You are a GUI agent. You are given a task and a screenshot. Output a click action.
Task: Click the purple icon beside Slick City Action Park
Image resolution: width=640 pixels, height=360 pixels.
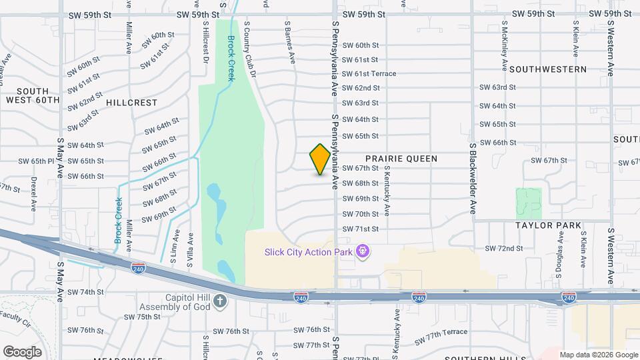[363, 251]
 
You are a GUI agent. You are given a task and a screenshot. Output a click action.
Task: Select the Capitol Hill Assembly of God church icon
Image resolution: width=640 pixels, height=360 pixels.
[221, 302]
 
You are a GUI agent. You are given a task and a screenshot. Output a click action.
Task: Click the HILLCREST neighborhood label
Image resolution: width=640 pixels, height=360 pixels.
[131, 103]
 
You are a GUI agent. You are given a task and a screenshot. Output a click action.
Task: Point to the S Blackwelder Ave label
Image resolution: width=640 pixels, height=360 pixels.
[473, 178]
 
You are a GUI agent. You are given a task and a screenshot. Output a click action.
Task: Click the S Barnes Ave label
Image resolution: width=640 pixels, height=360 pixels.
[289, 42]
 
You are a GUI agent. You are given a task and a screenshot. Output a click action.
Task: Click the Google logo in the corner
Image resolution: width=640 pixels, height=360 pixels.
[23, 351]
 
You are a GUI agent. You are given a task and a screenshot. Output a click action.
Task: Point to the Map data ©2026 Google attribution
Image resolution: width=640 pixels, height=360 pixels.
[598, 355]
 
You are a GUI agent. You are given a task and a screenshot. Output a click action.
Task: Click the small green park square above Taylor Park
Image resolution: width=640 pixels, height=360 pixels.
[529, 202]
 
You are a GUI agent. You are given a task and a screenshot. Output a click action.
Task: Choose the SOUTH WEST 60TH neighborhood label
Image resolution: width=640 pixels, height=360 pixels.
[33, 95]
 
